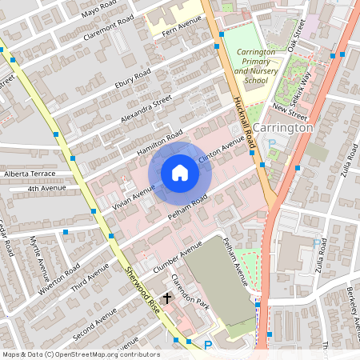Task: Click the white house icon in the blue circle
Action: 180,172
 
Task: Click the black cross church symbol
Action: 166,297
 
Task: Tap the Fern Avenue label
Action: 179,30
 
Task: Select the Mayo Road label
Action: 98,10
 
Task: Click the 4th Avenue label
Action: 44,189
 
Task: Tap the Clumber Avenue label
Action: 178,255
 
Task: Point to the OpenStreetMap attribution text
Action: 81,354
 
